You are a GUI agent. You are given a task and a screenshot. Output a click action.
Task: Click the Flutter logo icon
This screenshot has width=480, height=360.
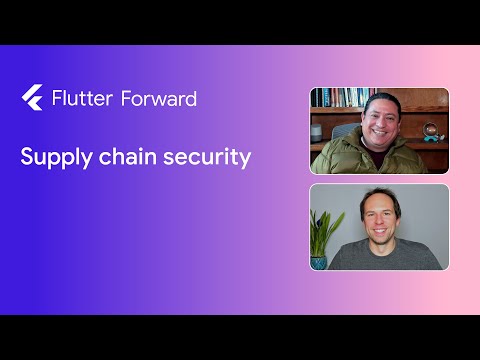coord(31,97)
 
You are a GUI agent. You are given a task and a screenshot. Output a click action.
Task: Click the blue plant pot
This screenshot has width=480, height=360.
coord(319,262)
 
